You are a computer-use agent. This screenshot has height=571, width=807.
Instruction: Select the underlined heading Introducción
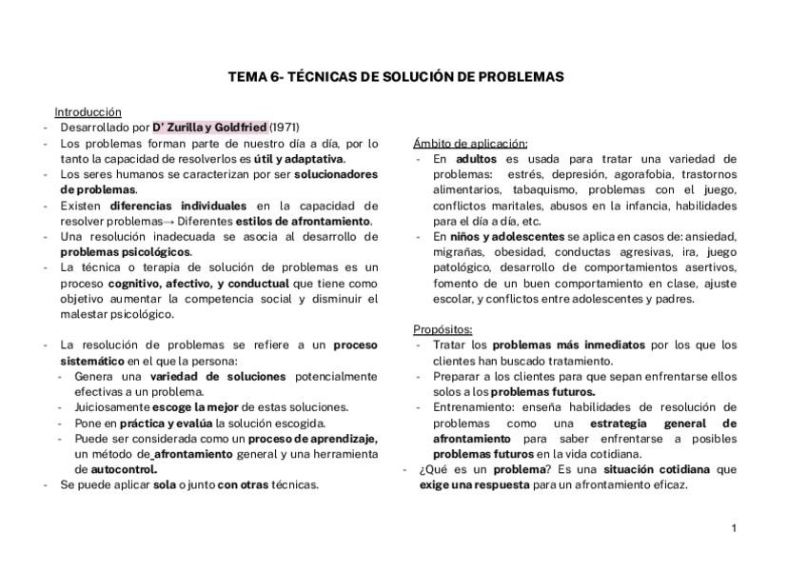pyautogui.click(x=88, y=111)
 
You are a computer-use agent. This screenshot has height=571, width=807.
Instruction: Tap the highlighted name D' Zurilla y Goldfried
pyautogui.click(x=209, y=127)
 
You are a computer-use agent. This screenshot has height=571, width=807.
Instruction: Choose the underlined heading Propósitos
pyautogui.click(x=443, y=329)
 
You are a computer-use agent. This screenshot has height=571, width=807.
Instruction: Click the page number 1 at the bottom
pyautogui.click(x=734, y=528)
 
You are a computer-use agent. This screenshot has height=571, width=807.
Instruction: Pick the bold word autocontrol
pyautogui.click(x=125, y=469)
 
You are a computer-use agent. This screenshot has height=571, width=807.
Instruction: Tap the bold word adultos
pyautogui.click(x=476, y=158)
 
